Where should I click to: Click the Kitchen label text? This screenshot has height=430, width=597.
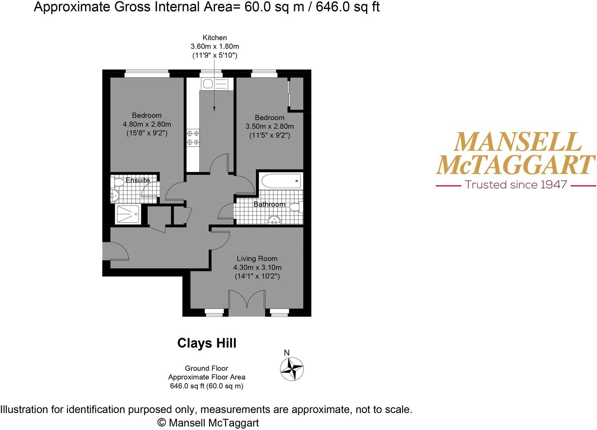[x=215, y=38]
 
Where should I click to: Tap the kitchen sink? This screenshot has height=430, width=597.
[x=208, y=84]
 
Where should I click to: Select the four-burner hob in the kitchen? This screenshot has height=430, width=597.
[x=193, y=137]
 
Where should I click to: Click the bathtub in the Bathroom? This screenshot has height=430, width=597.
[x=281, y=181]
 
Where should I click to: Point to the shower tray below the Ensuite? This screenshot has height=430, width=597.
[x=128, y=214]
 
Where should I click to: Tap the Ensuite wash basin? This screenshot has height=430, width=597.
[x=115, y=196]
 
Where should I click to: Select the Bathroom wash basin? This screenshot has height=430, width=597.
[x=274, y=220]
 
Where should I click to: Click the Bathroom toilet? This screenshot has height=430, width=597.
[x=295, y=207]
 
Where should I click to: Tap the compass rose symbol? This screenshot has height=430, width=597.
[x=292, y=369]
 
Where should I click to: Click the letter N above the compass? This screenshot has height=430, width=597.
[x=287, y=353]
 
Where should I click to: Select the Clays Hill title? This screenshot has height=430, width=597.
[x=207, y=343]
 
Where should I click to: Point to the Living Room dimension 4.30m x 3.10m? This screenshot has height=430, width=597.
[x=257, y=267]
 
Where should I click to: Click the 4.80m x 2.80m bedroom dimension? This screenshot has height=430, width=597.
[x=147, y=124]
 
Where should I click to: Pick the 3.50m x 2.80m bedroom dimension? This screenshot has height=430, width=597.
[x=270, y=127]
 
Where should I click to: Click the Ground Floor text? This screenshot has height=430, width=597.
[x=206, y=368]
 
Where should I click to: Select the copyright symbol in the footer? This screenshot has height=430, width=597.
[x=162, y=422]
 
